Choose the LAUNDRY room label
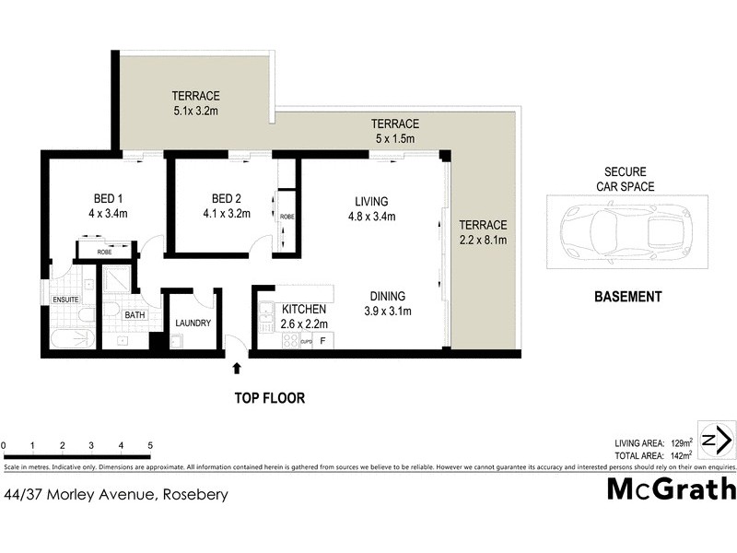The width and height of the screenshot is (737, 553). (193, 324)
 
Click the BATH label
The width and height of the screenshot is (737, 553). (135, 315)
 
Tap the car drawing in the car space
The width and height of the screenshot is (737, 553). (625, 231)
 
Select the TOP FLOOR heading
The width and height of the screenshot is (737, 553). (268, 399)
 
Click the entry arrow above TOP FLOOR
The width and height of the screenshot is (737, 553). (237, 368)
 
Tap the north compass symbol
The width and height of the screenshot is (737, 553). (717, 440)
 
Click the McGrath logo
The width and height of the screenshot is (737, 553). (671, 488)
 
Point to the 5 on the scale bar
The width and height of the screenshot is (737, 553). (149, 446)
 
